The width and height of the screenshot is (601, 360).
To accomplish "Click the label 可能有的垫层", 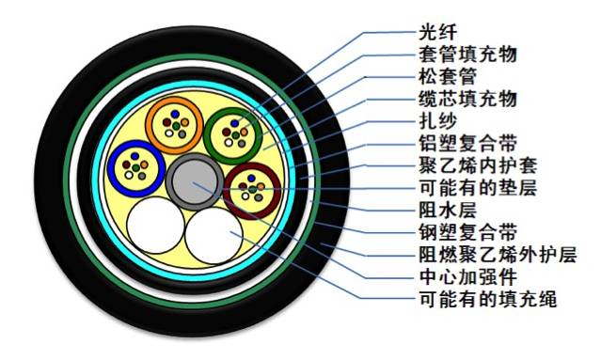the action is point(470,188).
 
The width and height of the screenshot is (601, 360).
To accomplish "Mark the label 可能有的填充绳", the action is point(478,302).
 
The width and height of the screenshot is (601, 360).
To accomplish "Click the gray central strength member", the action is point(195,176).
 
